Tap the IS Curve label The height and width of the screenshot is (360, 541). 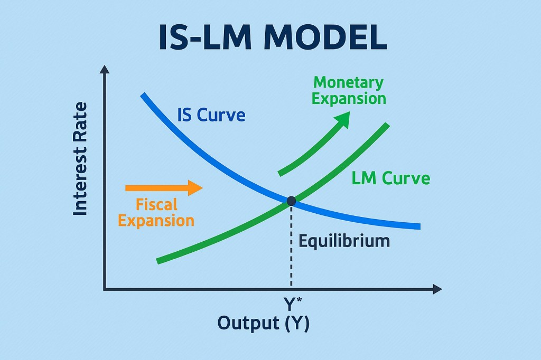211,115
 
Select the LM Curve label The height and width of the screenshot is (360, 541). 390,178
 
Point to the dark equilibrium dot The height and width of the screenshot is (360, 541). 291,201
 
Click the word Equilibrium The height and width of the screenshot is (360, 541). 344,241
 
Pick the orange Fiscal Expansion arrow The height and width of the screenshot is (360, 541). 164,188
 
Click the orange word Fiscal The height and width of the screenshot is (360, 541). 156,204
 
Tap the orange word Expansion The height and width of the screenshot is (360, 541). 156,220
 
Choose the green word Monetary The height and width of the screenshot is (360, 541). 348,83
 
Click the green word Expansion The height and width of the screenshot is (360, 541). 349,99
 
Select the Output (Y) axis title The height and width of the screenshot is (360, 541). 264,323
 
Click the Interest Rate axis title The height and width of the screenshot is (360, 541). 80,159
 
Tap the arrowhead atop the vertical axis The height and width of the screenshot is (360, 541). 105,69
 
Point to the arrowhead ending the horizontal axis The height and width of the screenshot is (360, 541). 436,289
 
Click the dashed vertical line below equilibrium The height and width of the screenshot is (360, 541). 291,248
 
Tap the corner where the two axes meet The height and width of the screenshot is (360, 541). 105,289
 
